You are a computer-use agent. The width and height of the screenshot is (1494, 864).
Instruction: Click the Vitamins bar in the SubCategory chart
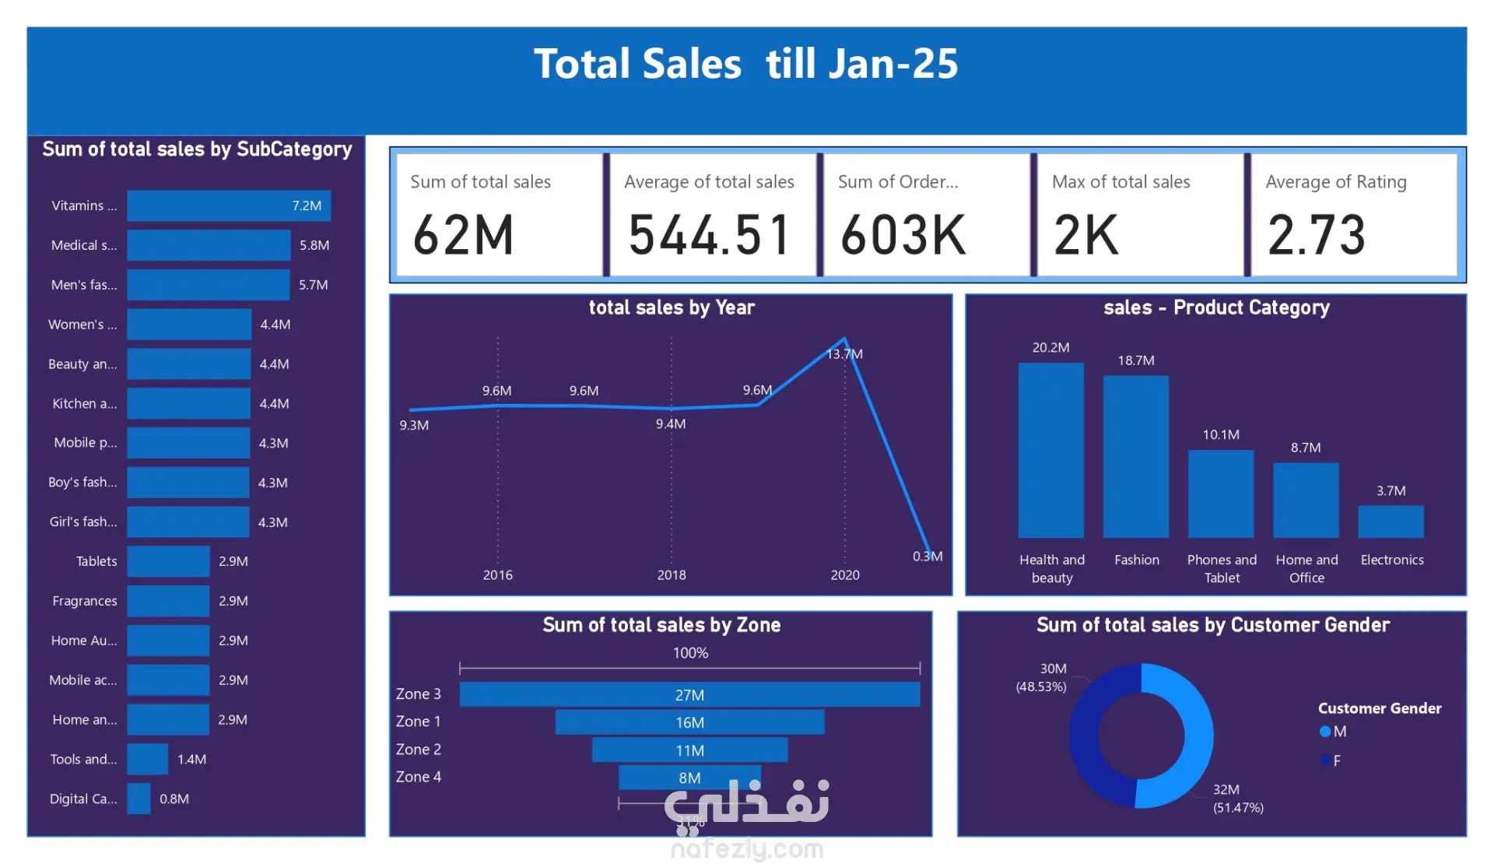click(x=229, y=205)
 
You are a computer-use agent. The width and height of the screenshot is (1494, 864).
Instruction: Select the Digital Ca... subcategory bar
click(x=139, y=799)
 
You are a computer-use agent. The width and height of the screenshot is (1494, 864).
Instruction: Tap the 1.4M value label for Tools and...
click(x=191, y=759)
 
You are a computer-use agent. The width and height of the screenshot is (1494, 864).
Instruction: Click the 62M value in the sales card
click(x=464, y=235)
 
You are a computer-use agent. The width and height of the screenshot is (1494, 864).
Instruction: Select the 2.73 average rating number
click(x=1317, y=235)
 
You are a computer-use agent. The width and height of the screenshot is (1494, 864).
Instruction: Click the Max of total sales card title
click(x=1120, y=182)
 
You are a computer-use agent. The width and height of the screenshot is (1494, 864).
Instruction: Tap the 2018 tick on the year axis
click(x=672, y=575)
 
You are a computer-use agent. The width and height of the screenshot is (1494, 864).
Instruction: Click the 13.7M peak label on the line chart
click(x=845, y=354)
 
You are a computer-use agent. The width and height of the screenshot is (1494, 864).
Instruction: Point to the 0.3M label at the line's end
click(x=928, y=557)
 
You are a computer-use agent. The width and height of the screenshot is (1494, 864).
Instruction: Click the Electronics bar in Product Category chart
click(x=1391, y=522)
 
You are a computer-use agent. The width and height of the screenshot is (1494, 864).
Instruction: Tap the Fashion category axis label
click(x=1136, y=560)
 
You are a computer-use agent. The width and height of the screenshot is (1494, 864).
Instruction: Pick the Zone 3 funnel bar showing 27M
click(x=689, y=694)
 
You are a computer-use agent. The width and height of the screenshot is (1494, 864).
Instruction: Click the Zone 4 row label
click(x=419, y=777)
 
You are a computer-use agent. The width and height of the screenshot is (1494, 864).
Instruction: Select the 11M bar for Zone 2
click(x=689, y=750)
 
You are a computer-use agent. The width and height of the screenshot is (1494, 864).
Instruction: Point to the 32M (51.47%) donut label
click(x=1238, y=799)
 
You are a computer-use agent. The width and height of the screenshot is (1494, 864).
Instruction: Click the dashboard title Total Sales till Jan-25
click(x=745, y=64)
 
